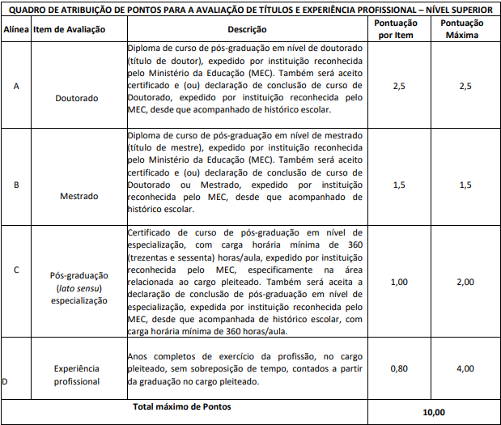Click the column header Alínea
[x=16, y=29]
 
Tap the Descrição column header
[x=248, y=29]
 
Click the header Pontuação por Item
[x=398, y=29]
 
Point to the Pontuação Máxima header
[x=465, y=29]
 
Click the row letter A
[x=16, y=86]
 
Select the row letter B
[x=16, y=185]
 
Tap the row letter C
[x=16, y=270]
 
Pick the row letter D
[x=6, y=380]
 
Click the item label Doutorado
[x=77, y=98]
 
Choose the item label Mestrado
[x=77, y=196]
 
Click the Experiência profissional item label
[x=77, y=374]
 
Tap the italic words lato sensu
[x=76, y=288]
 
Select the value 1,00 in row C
[x=399, y=282]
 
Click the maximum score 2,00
[x=465, y=282]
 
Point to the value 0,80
[x=399, y=368]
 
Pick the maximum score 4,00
[x=465, y=368]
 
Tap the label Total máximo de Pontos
[x=181, y=406]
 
